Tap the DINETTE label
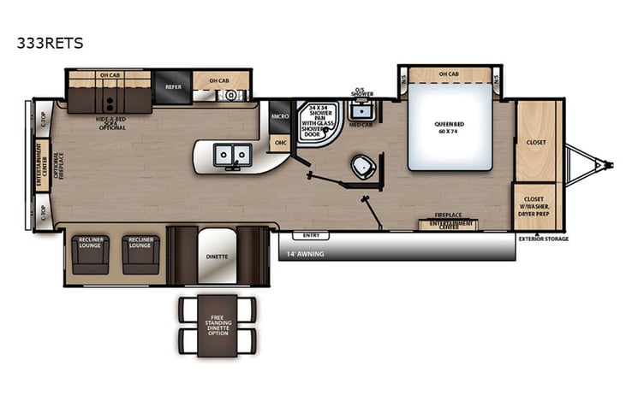tap(217, 256)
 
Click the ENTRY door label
tap(310, 234)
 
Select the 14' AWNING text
tap(306, 254)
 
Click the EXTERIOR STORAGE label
tap(543, 239)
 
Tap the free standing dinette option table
tap(217, 326)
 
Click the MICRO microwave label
tap(279, 114)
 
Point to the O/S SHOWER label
tap(363, 91)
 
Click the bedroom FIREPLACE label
tap(449, 215)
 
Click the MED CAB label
tap(360, 125)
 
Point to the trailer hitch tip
tap(611, 163)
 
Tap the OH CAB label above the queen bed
tap(449, 74)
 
